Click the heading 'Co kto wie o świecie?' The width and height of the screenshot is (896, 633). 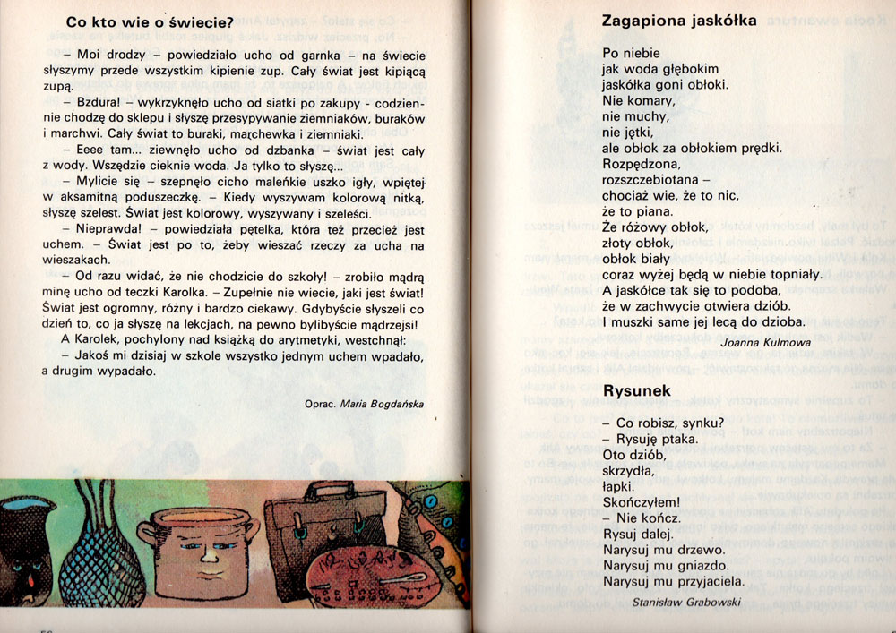[150, 21]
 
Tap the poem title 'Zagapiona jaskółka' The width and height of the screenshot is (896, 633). [679, 20]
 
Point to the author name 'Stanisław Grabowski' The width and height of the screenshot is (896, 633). [685, 603]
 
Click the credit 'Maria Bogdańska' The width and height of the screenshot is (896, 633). [382, 404]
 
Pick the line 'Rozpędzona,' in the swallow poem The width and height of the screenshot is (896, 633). [642, 164]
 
